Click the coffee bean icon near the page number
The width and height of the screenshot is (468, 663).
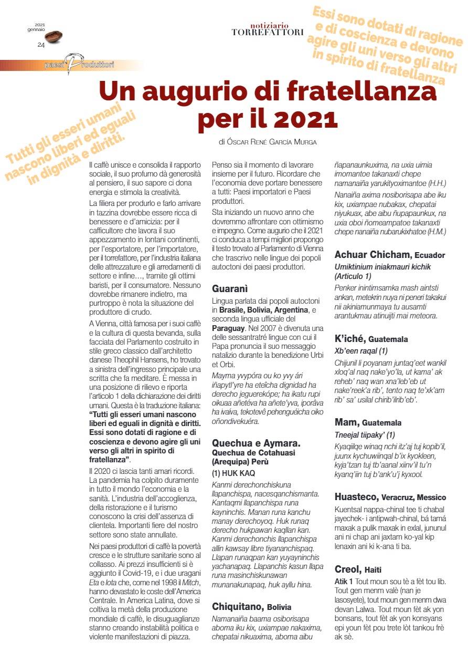(54, 36)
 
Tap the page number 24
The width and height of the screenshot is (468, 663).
(40, 45)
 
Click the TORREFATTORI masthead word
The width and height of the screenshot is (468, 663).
(268, 33)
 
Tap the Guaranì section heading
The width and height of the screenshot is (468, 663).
(229, 288)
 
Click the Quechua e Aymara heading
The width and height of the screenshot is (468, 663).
(256, 442)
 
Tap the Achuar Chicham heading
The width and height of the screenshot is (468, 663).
(373, 255)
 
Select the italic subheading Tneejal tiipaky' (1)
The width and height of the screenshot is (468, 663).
(365, 434)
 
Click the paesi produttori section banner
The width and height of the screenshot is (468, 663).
(79, 65)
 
